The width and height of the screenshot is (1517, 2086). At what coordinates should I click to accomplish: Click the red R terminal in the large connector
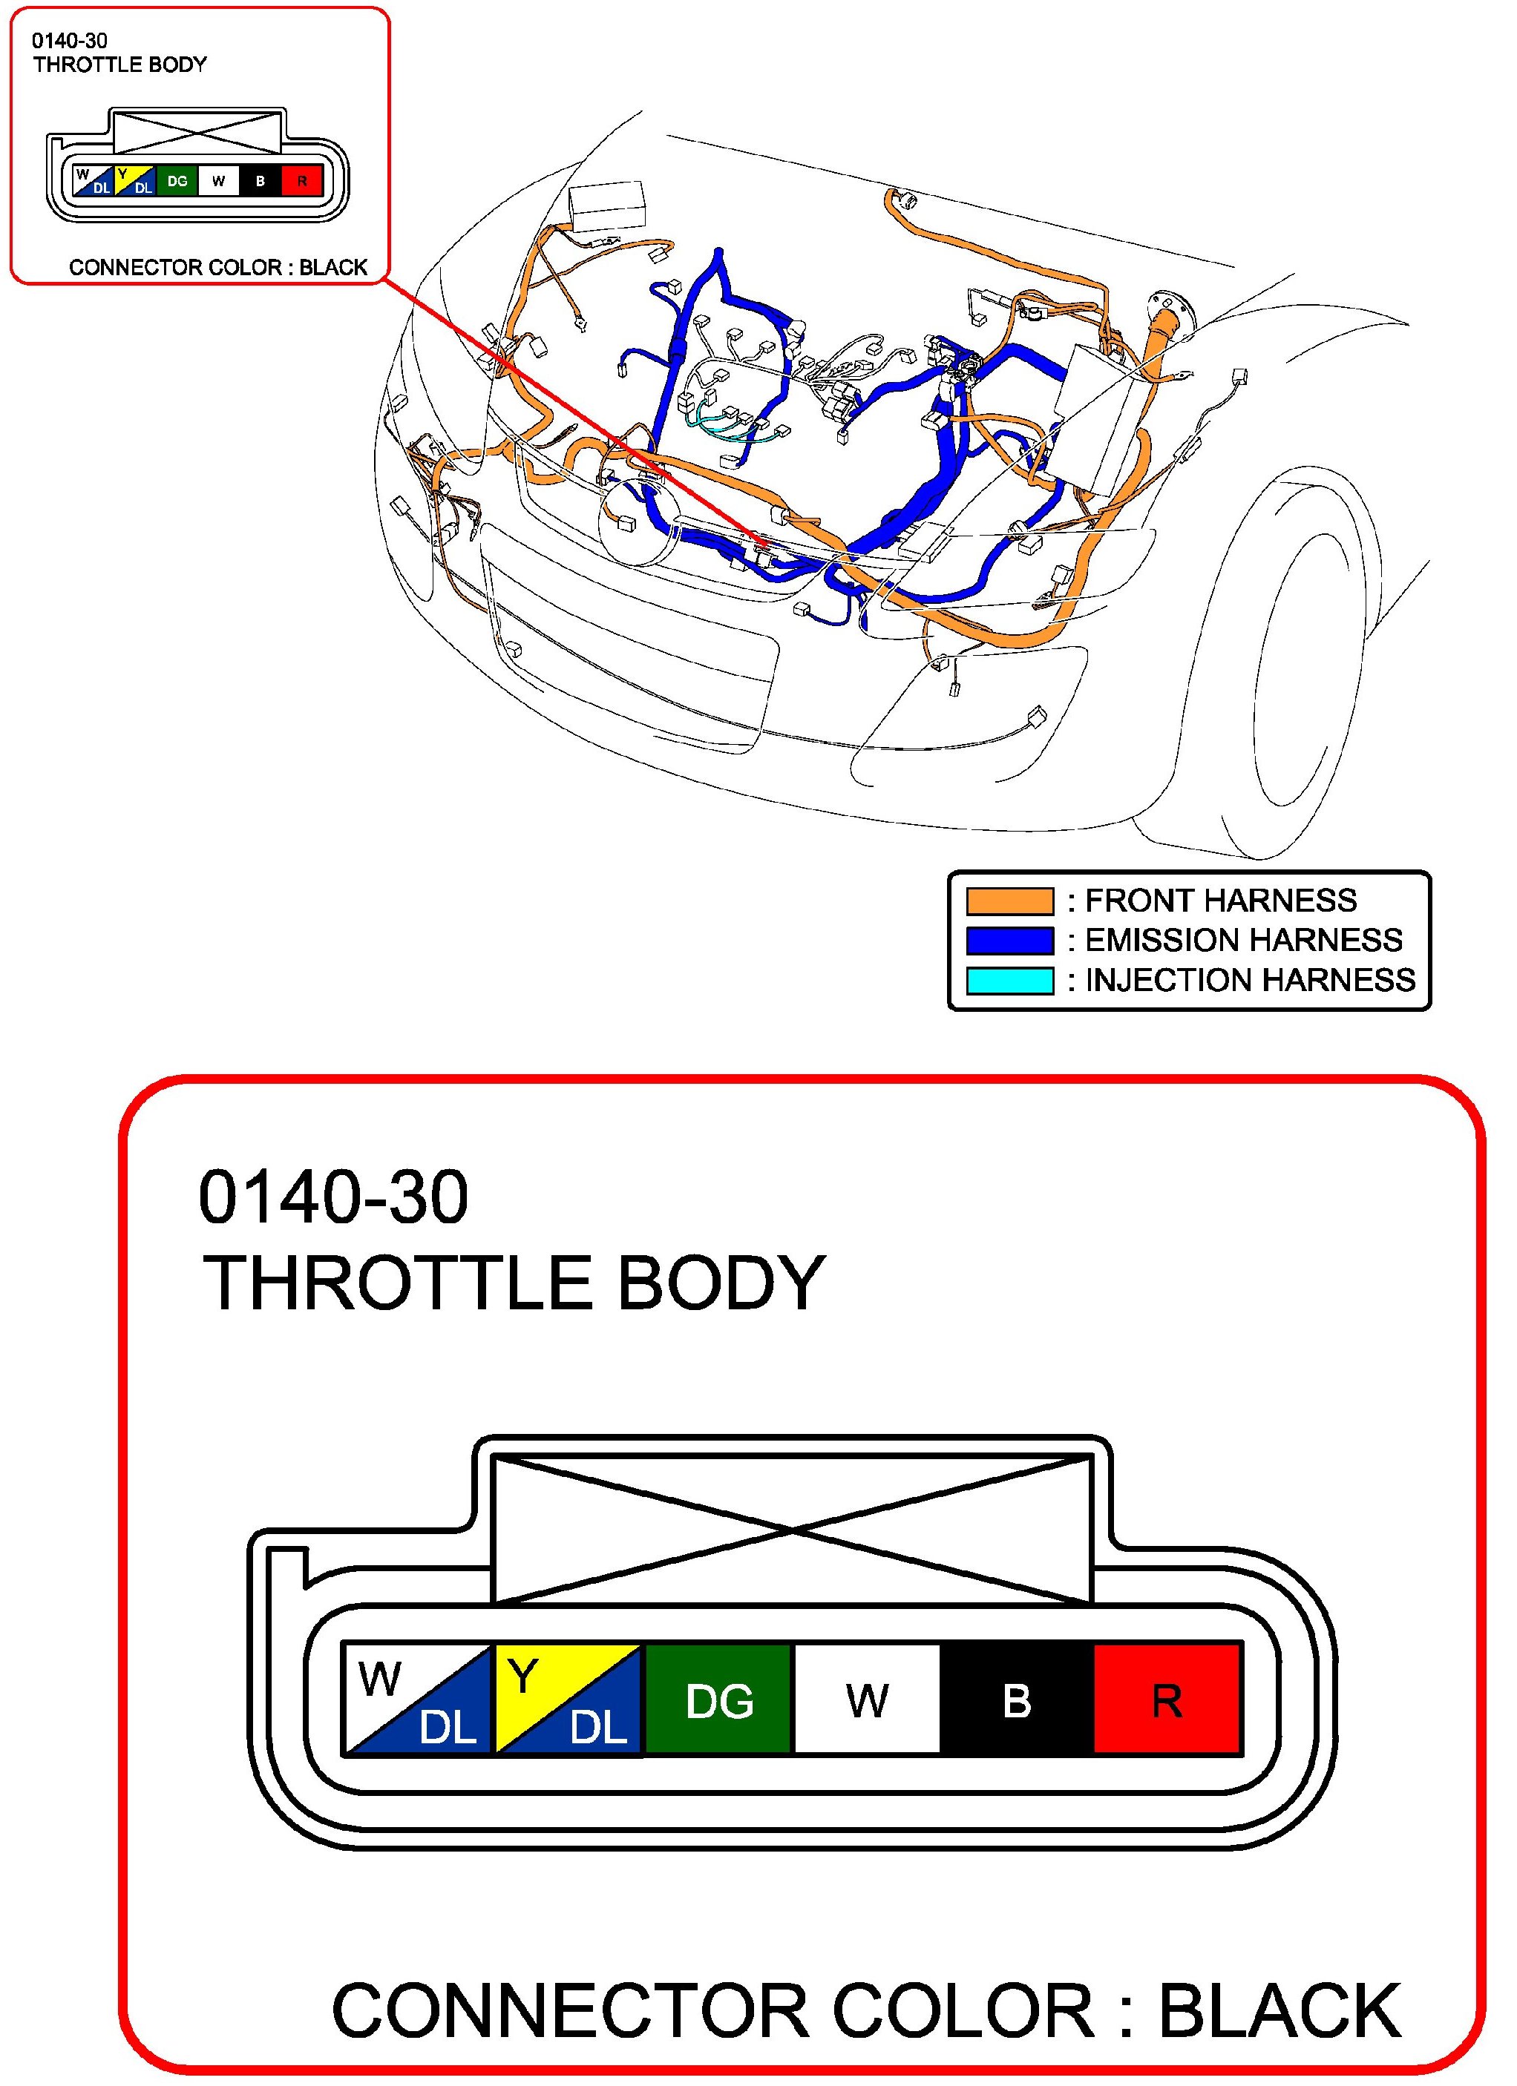(x=1167, y=1700)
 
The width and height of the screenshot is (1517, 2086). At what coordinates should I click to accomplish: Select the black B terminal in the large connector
(x=1017, y=1700)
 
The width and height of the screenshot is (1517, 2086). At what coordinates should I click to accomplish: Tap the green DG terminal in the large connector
(x=718, y=1700)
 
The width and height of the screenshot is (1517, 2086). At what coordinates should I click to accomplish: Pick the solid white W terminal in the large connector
(x=867, y=1700)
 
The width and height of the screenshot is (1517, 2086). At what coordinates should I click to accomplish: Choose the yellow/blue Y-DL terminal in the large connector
(x=569, y=1700)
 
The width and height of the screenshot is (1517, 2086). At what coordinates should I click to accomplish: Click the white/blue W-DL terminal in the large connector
(x=419, y=1700)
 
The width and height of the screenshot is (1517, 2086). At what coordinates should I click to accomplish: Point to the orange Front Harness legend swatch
(x=1009, y=901)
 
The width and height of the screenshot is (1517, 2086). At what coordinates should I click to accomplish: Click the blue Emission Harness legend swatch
(x=1009, y=940)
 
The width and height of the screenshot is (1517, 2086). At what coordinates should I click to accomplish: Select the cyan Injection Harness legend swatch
(x=1009, y=981)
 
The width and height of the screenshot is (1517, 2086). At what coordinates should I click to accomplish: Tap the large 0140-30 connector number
(x=333, y=1197)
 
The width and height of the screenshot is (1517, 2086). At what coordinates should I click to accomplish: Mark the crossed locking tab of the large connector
(x=792, y=1529)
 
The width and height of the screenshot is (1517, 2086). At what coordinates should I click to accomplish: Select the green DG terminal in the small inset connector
(x=177, y=181)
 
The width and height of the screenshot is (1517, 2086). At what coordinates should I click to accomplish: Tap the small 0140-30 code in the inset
(x=70, y=41)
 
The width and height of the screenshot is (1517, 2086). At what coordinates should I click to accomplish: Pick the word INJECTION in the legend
(x=1162, y=981)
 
